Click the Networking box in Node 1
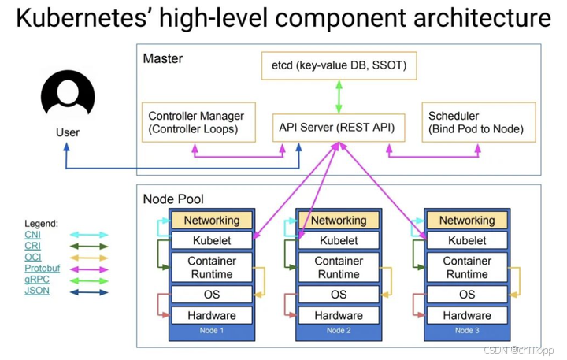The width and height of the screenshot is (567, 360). coord(211,221)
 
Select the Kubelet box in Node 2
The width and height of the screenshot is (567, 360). coord(339,240)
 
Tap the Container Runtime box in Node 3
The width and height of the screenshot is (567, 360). coord(467,268)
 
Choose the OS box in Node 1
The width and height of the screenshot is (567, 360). coord(211,295)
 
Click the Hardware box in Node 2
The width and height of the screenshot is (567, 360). coord(339,315)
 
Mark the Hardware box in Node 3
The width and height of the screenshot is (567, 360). coord(467,315)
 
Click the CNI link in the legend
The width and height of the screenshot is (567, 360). coord(32,235)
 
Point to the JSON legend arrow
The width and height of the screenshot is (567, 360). coord(88,291)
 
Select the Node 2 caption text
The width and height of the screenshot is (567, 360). coord(339,331)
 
